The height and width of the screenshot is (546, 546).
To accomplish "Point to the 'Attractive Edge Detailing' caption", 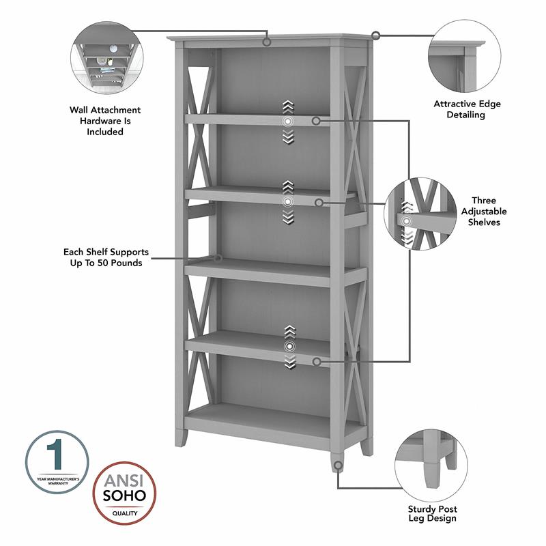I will coord(467,109).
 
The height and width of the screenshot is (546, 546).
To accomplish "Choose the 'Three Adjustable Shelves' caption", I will coord(484,212).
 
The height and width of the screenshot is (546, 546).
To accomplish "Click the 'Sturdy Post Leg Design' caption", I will coord(433,513).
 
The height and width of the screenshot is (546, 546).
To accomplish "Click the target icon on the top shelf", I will coord(288,121).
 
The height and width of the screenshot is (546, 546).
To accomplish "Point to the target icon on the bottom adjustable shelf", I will coord(288,347).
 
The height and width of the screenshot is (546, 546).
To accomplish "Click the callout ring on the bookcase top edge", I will coord(267,42).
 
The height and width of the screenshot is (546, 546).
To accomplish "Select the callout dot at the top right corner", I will coord(375,35).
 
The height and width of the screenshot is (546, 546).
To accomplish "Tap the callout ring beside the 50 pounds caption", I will coord(218,258).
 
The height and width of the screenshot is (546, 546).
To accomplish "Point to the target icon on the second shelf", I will coord(288,202).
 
